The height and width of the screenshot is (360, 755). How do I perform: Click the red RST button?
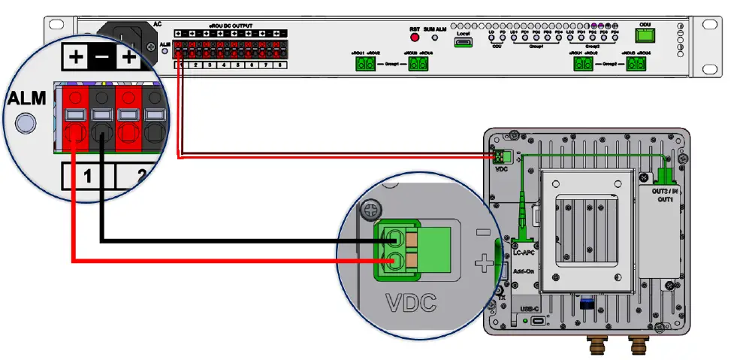414,36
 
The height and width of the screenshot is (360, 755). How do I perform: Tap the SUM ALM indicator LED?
434,37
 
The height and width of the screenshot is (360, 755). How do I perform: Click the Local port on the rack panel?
463,43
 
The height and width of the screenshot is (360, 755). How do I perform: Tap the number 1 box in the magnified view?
87,177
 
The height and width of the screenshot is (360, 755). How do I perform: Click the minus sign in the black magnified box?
101,56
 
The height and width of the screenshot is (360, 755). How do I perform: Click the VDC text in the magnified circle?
411,304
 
